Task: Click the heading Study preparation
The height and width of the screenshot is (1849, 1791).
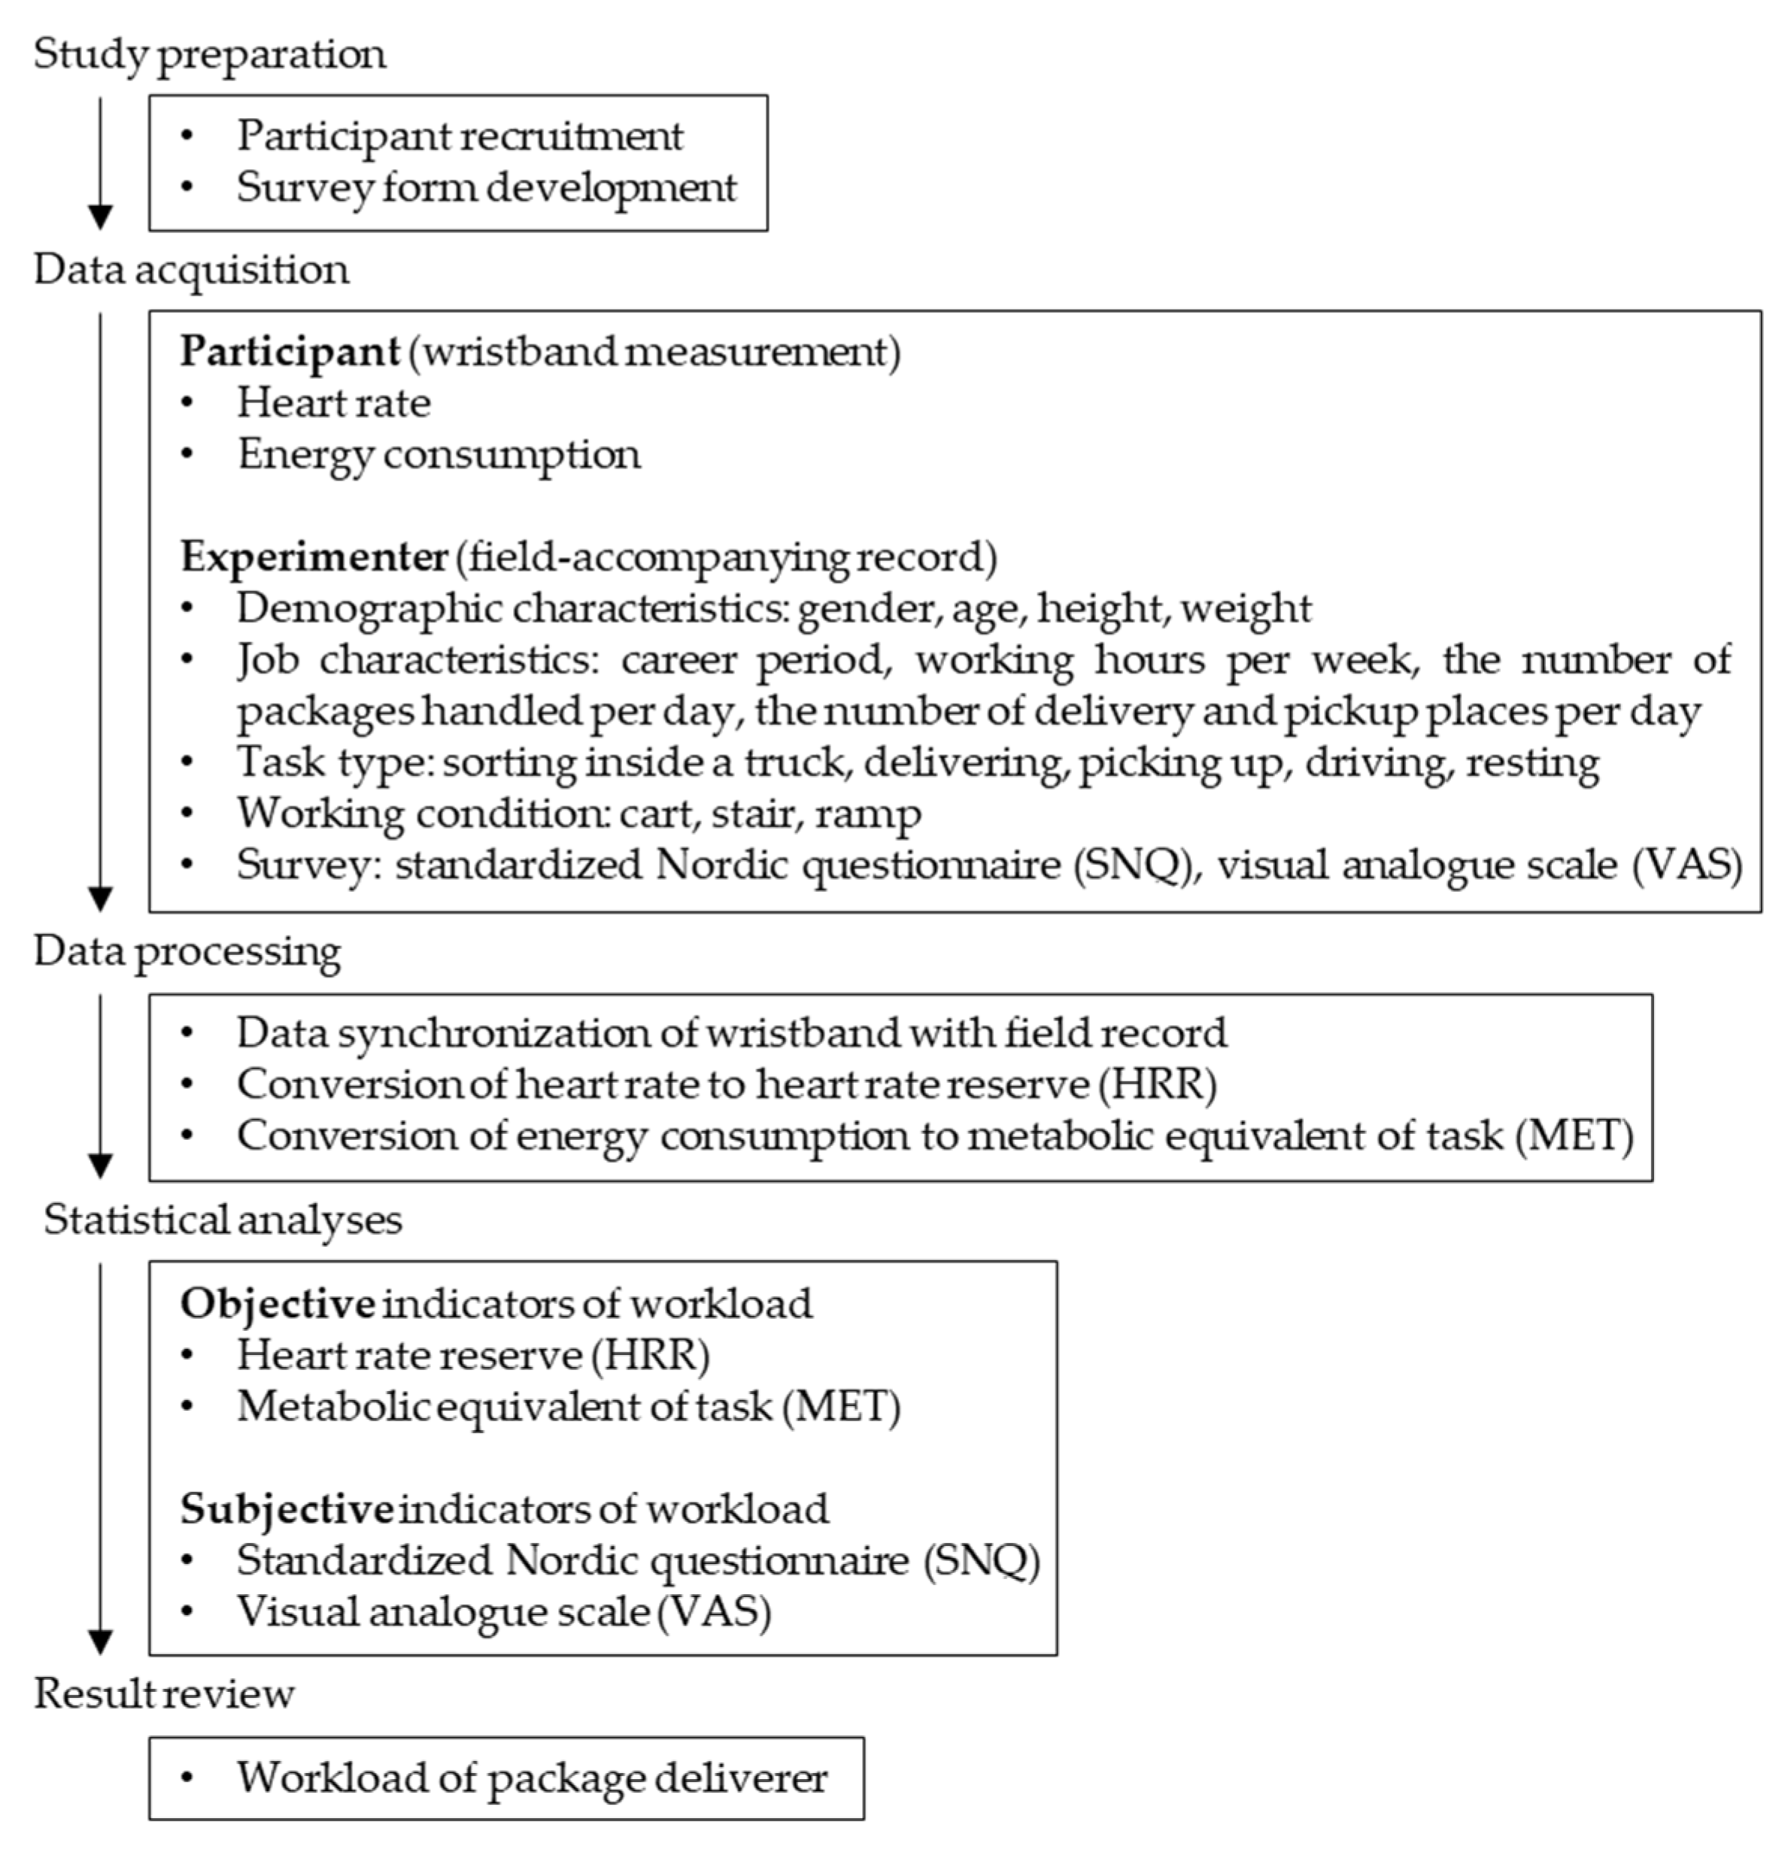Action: tap(209, 55)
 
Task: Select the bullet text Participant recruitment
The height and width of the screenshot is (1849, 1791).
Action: tap(460, 137)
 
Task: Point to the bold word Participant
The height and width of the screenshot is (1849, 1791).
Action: tap(290, 352)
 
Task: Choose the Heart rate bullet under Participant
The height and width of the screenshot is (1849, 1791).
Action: tap(333, 404)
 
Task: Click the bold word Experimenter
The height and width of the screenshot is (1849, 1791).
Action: tap(313, 556)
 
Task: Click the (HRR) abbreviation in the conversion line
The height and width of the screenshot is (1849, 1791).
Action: tap(1157, 1085)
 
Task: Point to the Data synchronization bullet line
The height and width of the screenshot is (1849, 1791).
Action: tap(731, 1034)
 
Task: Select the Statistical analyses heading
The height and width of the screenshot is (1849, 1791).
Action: tap(223, 1220)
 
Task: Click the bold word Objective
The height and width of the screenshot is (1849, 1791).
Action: tap(278, 1305)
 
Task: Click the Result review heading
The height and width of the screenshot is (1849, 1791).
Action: tap(164, 1694)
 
